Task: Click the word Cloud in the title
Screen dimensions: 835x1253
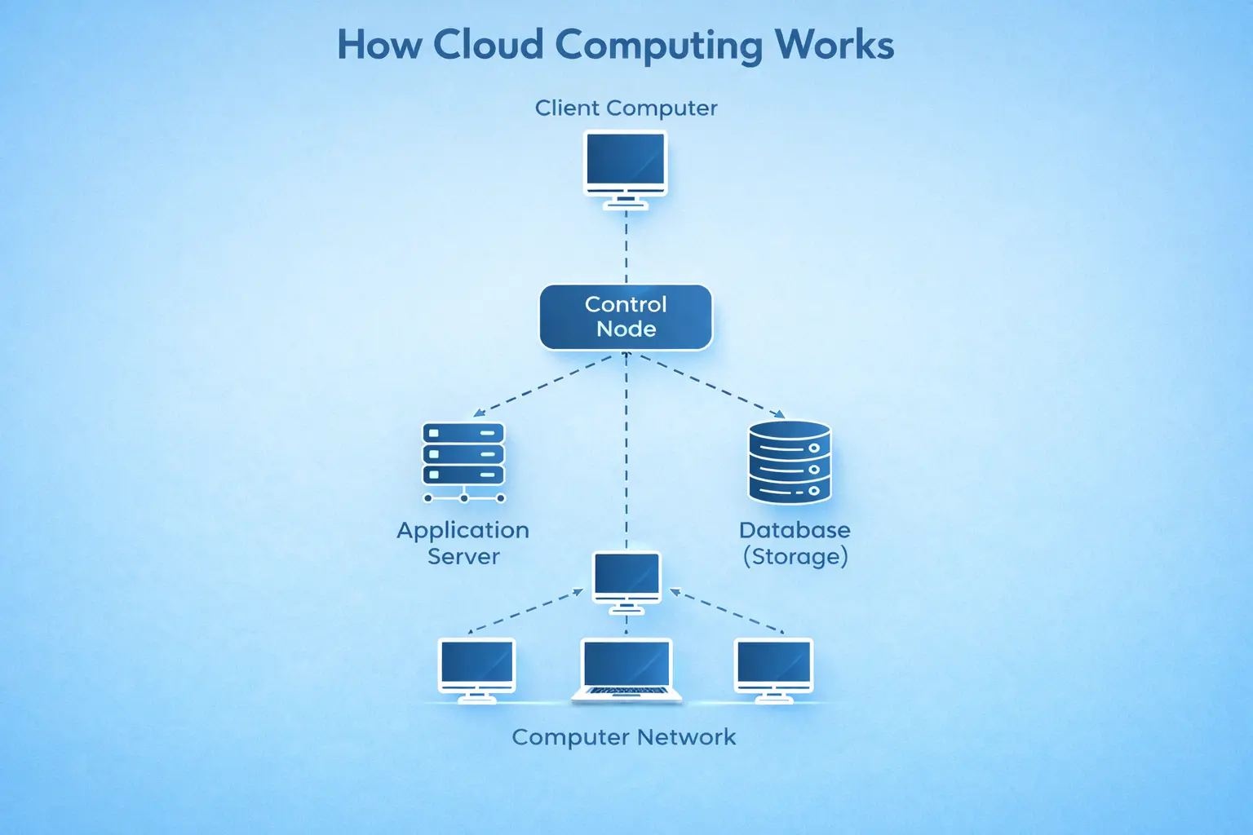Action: click(488, 45)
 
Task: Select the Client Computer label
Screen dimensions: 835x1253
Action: click(626, 108)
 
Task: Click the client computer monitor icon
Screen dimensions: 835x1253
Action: click(626, 163)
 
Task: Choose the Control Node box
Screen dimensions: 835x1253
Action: click(626, 316)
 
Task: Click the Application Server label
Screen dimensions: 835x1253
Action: click(463, 543)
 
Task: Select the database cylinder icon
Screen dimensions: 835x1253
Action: click(790, 462)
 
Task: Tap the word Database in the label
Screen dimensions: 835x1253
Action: click(795, 530)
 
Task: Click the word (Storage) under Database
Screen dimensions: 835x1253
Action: click(795, 557)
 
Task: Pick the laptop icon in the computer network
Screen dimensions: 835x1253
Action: click(626, 670)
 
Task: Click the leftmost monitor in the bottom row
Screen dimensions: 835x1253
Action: click(477, 669)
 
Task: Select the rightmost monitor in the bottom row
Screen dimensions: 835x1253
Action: click(773, 669)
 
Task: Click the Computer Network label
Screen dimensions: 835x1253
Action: click(624, 737)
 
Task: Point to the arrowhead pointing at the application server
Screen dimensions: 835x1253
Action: click(479, 413)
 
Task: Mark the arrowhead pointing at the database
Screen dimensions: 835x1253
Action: click(779, 414)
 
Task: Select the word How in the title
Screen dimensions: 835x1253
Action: click(379, 45)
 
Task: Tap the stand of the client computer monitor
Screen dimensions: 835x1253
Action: click(626, 202)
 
